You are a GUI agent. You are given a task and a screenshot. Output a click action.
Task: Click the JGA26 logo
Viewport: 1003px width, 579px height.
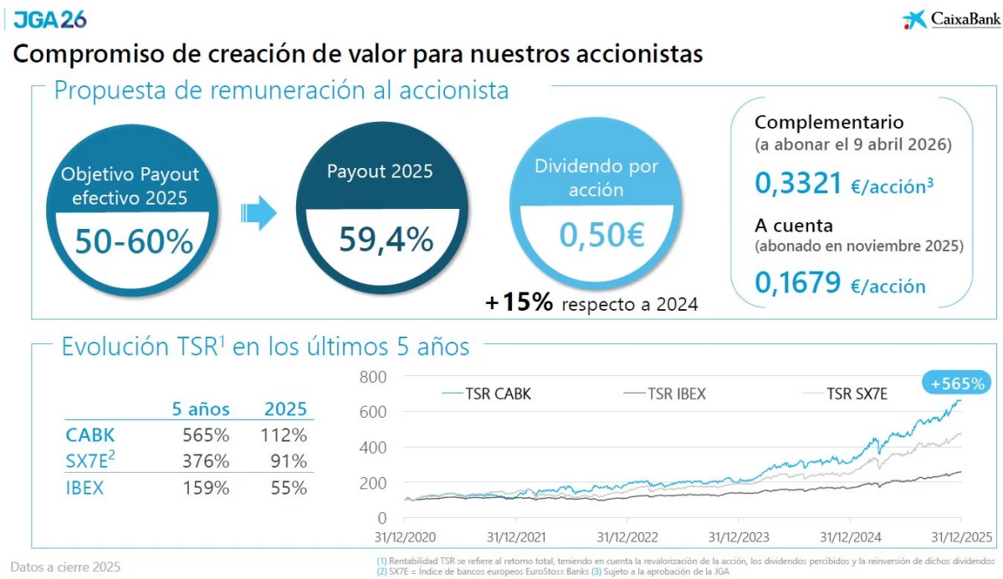(49, 18)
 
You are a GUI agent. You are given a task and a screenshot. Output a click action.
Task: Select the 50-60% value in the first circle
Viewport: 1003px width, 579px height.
(134, 241)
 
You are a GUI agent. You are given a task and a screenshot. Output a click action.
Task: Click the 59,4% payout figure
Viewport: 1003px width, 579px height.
(386, 240)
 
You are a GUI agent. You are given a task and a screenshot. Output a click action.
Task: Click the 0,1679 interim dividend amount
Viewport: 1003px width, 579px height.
(797, 284)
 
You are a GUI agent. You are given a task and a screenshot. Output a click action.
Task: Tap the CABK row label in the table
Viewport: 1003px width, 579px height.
(90, 435)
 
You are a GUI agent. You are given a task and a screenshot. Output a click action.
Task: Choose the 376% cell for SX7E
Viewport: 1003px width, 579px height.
(205, 461)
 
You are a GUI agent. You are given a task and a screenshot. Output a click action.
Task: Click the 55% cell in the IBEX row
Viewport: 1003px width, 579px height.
(289, 488)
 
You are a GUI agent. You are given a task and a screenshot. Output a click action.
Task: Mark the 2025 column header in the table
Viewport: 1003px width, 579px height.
(286, 409)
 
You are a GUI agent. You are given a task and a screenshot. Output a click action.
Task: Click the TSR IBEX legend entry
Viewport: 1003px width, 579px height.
(665, 394)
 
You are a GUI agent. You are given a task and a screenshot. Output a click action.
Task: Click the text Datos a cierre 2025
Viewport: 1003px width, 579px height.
(65, 566)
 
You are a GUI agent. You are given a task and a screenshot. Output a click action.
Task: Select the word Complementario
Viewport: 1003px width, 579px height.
(829, 122)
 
